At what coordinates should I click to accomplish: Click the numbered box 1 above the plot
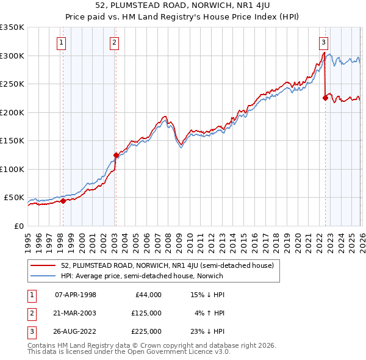[62, 42]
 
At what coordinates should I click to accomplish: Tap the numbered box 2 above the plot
[115, 42]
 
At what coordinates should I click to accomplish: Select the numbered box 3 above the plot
[324, 42]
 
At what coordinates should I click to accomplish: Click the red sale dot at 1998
[63, 201]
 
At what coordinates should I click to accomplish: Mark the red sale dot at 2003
[116, 155]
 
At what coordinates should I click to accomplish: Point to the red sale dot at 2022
[325, 98]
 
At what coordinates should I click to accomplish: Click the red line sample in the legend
[43, 265]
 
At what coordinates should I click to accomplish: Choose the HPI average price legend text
[142, 276]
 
